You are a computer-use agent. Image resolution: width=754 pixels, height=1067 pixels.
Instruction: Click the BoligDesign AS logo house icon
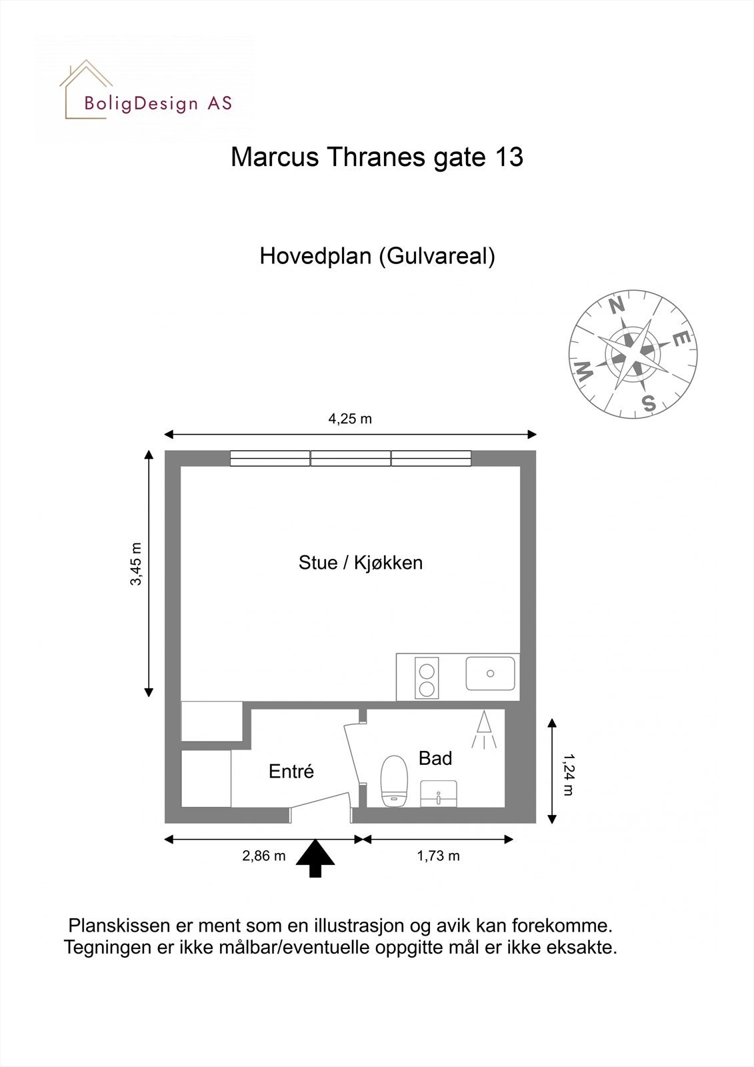point(85,88)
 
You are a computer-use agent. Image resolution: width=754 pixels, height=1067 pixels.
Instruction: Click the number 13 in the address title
point(509,157)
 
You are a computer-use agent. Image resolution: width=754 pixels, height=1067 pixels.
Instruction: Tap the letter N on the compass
point(617,305)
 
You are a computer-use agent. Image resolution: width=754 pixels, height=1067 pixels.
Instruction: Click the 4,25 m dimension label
point(350,419)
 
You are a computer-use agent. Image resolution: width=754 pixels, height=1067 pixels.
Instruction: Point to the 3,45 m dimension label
point(136,564)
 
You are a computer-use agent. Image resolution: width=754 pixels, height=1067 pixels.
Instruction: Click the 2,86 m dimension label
point(263,856)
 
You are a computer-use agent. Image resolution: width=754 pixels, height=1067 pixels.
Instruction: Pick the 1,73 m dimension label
point(438,856)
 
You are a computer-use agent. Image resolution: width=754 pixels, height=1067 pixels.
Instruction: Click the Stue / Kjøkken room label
point(360,563)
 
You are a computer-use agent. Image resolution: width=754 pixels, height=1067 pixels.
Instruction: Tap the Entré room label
point(291,772)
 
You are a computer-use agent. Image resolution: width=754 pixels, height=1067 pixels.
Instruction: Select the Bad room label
point(435,758)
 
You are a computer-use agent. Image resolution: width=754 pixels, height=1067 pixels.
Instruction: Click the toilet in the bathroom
point(394,780)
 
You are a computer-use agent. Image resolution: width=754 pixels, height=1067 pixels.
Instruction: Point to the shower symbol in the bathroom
point(484,729)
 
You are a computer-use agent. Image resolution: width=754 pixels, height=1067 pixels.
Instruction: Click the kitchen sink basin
point(490,674)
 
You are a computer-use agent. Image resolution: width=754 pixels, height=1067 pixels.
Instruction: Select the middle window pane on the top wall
point(351,458)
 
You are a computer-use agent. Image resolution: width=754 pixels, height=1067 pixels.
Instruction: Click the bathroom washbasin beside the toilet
point(439,794)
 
